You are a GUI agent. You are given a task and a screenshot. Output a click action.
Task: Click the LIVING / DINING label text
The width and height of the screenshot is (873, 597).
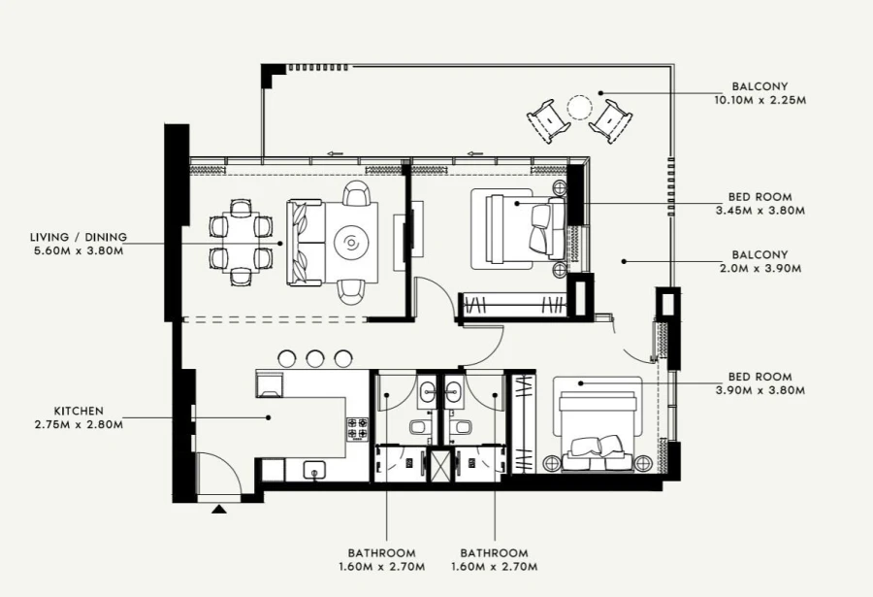[78, 237]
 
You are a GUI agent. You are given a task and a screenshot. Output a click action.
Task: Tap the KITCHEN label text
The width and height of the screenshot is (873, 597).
[79, 411]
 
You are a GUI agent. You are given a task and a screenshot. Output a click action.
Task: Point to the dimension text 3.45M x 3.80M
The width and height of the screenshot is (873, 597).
[760, 210]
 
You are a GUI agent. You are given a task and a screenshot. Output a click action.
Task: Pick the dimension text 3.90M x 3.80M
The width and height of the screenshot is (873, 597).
[760, 391]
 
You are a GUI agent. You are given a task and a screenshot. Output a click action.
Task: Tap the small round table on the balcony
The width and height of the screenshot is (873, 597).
[579, 106]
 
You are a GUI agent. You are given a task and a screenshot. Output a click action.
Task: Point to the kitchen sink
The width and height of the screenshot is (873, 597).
[314, 471]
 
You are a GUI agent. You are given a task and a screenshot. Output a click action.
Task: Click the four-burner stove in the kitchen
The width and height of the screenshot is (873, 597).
[358, 425]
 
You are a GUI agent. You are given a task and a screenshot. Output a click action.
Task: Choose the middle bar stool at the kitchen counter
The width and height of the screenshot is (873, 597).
[315, 358]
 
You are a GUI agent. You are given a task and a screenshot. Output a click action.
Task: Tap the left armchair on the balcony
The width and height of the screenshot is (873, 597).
[548, 121]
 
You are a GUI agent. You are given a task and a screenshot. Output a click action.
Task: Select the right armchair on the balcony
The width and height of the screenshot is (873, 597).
[611, 121]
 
